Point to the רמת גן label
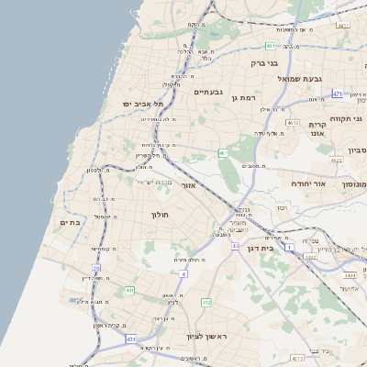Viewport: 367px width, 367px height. coord(250,96)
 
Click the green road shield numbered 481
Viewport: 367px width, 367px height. coord(271,46)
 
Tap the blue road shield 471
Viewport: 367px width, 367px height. coord(338,95)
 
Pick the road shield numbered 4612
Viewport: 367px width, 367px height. coord(293,123)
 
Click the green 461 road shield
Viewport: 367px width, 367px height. coord(223,152)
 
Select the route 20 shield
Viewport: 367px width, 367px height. coord(95,269)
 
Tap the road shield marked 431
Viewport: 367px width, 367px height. coord(131,339)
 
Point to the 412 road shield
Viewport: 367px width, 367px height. coord(206,302)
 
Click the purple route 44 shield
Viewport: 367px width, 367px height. coord(235,247)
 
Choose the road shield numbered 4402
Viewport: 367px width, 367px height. coord(310,257)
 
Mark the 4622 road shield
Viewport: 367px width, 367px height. coord(336,161)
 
